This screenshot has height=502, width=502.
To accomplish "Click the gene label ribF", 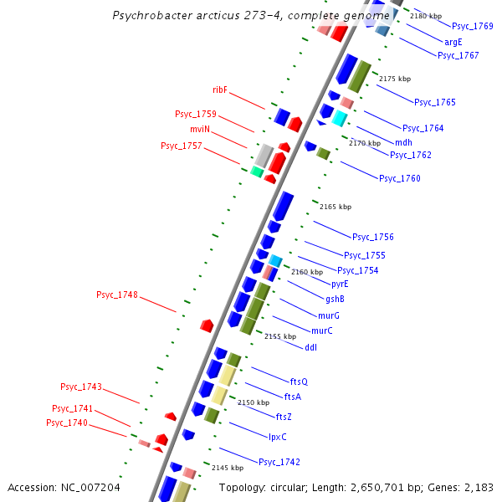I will [220, 90].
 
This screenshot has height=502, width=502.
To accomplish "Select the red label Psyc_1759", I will [195, 114].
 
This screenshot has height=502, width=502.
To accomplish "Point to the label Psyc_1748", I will [117, 295].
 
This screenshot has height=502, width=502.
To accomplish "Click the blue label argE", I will [453, 41].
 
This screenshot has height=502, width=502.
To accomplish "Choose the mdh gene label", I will [403, 142].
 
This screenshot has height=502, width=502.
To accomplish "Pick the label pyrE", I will [339, 284].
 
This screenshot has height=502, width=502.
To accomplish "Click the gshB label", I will [335, 299].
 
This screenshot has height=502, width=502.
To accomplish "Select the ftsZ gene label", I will [284, 416].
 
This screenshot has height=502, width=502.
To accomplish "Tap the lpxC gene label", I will [278, 436].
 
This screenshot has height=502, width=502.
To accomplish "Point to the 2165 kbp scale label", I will [336, 207].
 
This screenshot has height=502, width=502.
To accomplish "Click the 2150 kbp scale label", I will [254, 402].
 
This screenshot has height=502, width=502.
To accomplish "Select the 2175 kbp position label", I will [395, 79].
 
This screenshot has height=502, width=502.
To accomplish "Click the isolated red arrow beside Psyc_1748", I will [207, 325].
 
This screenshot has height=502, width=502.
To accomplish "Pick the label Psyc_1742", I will [279, 462].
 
